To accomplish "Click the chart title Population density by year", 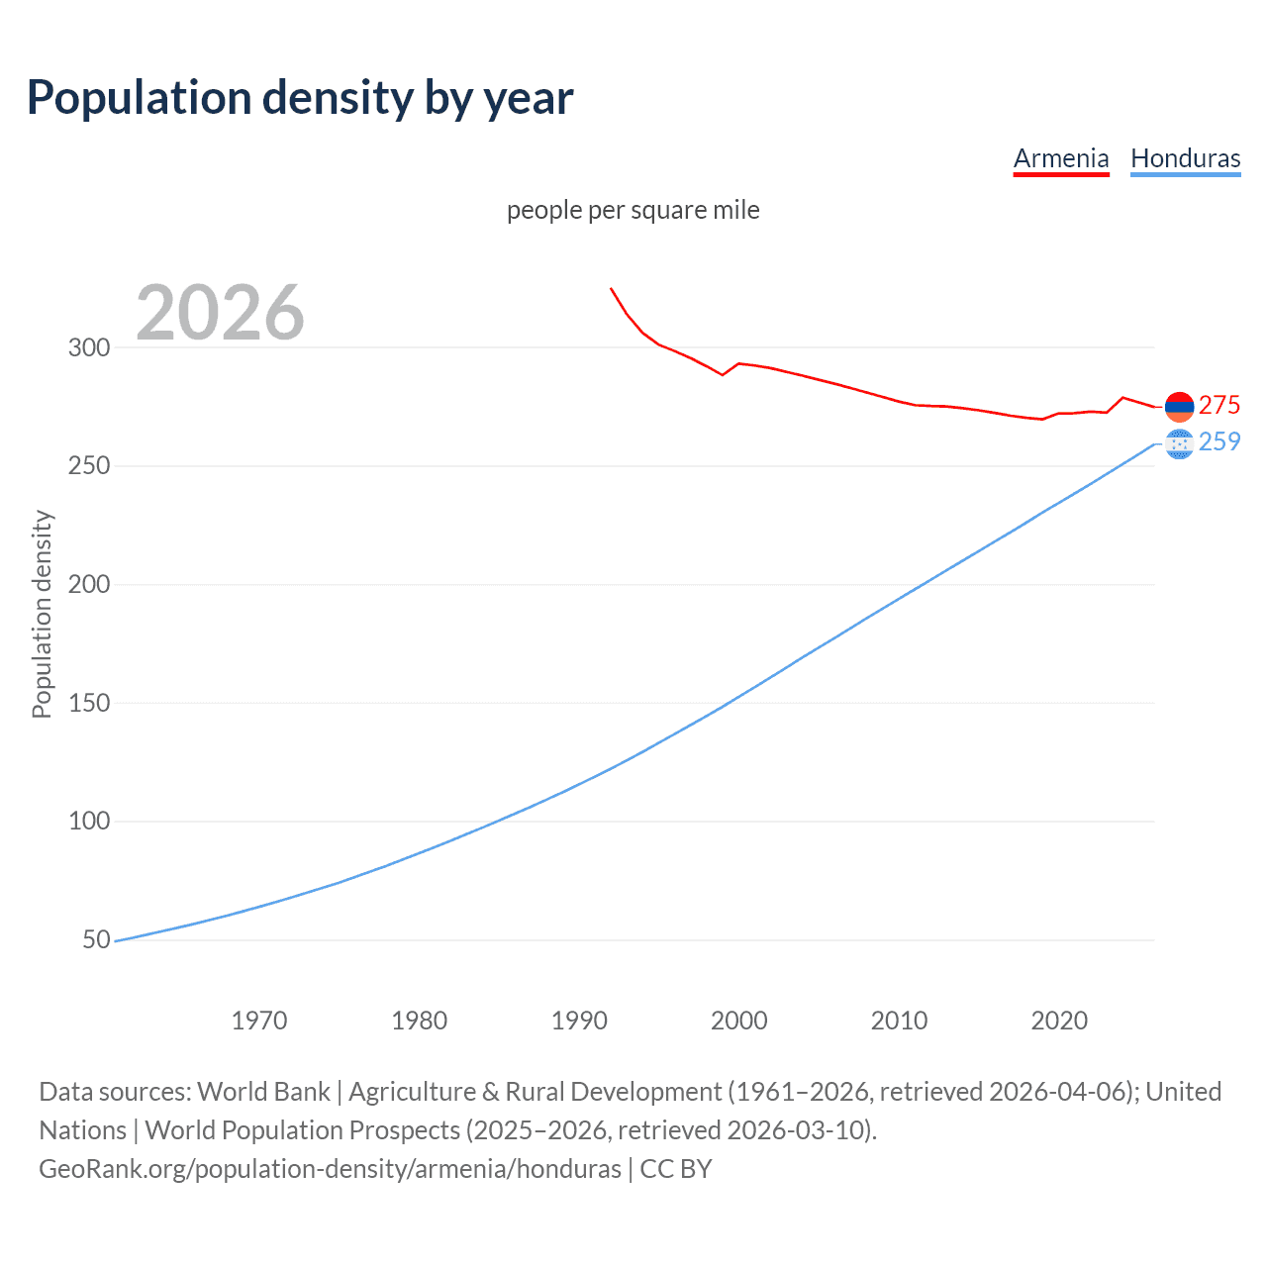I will [x=300, y=98].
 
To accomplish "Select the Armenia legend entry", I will [x=1061, y=158].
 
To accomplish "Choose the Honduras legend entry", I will [x=1185, y=158].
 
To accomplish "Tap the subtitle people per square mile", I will [x=633, y=210].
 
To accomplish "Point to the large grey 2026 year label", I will [x=220, y=313].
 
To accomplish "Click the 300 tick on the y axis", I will [x=89, y=347].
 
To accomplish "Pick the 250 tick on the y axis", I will [x=89, y=466].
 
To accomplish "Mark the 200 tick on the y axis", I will [x=89, y=584].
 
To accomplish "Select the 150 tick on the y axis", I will [x=89, y=703].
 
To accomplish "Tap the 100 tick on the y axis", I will [x=89, y=822].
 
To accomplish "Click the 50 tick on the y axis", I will [x=96, y=939].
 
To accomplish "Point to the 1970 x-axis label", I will [x=259, y=1021].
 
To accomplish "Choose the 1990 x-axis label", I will [x=579, y=1021].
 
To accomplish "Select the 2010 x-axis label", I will [x=899, y=1021].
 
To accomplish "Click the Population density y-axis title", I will [x=42, y=614].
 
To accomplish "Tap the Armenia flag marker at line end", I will [x=1179, y=406].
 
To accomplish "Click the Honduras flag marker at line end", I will [x=1179, y=444].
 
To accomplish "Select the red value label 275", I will [x=1219, y=405].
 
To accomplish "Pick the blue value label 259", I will [x=1219, y=441].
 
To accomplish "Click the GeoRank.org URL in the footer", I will [x=330, y=1169].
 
